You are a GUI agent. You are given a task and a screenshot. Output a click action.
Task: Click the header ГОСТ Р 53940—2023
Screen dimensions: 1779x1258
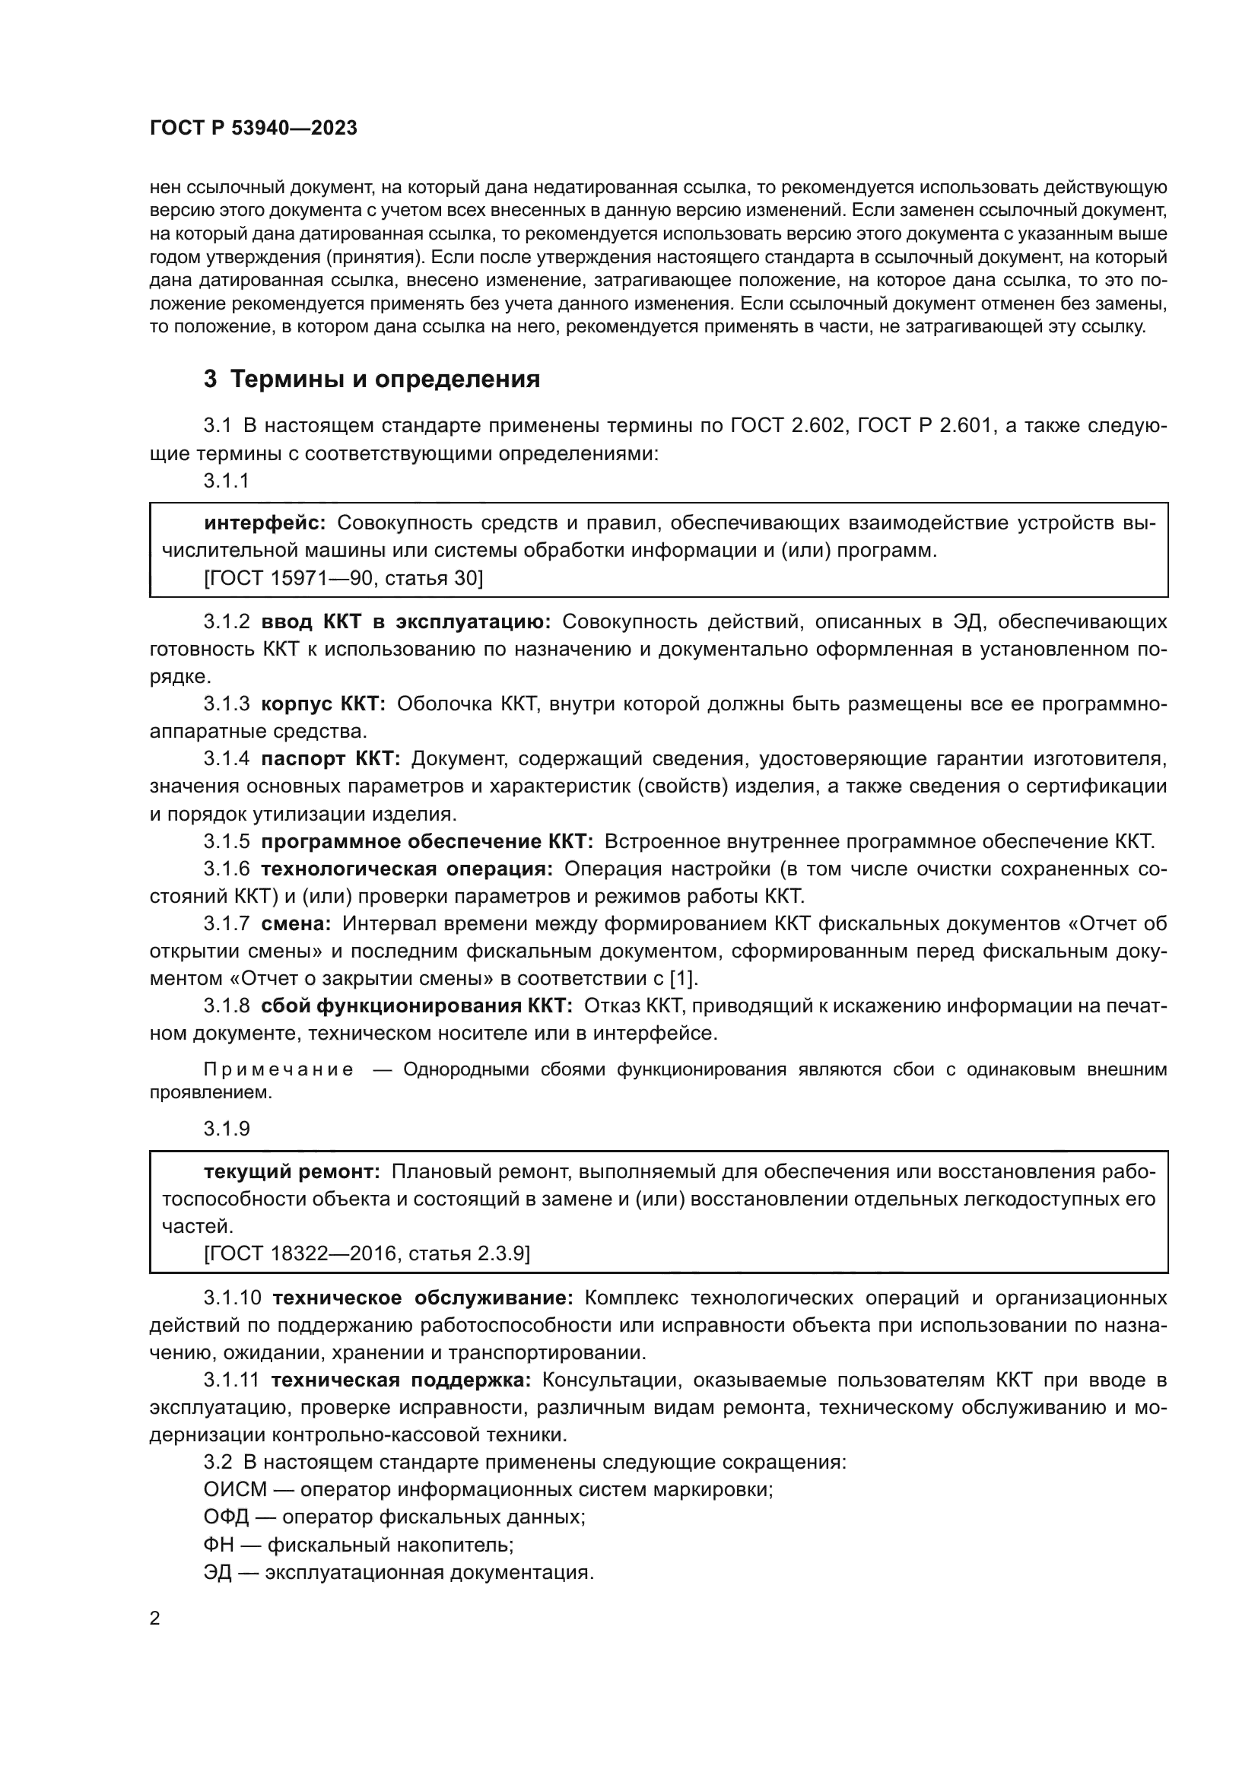pos(253,129)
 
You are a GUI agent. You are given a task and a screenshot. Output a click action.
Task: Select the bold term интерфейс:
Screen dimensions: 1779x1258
pos(265,523)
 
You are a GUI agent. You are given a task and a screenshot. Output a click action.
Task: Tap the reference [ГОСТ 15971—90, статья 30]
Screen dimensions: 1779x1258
pos(343,578)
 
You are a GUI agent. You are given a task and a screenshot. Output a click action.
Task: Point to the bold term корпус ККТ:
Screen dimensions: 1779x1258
pos(323,704)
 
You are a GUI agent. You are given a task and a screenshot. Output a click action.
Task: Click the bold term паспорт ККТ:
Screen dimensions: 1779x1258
pos(330,758)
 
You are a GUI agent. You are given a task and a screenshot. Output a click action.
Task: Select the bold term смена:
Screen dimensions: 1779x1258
pos(296,923)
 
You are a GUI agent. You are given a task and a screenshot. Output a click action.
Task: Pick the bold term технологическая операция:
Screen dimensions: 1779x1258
pos(407,869)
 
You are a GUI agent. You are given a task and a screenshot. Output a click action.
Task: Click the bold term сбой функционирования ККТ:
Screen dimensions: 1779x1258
pos(416,1005)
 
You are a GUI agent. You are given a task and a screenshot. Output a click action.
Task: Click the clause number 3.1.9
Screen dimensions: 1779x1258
pos(227,1129)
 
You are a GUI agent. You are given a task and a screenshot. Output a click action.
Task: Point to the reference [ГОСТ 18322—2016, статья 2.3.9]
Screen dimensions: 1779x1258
pos(367,1253)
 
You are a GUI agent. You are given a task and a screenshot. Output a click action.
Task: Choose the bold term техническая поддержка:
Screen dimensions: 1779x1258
pos(401,1380)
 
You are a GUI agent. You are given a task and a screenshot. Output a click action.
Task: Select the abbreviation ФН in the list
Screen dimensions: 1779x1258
pos(218,1545)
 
